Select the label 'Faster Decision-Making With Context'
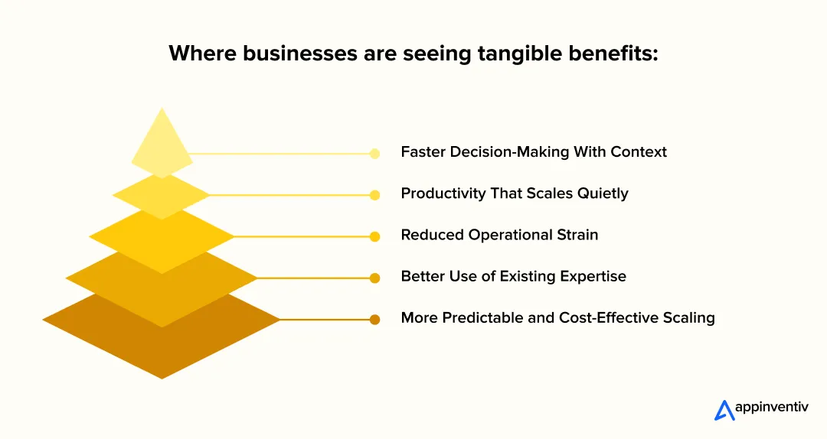(534, 152)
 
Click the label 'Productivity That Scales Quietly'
(515, 193)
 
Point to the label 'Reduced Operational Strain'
(499, 235)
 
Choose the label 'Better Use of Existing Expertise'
(513, 276)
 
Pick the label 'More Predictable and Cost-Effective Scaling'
(557, 317)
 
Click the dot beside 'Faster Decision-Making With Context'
(374, 154)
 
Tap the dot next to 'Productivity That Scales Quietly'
(374, 195)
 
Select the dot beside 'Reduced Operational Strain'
(374, 236)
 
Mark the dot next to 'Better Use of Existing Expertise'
(374, 278)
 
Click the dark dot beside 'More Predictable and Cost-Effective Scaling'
(374, 320)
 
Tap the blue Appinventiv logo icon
(723, 411)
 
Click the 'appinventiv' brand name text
(771, 409)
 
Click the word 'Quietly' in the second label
(601, 193)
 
